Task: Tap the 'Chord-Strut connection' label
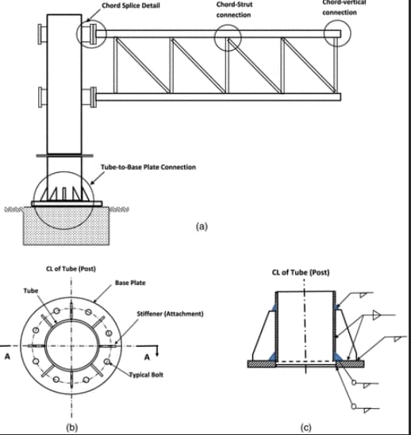[x=233, y=10]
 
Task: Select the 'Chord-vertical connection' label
[x=340, y=7]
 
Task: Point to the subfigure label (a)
[x=202, y=226]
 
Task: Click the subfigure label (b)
[x=71, y=428]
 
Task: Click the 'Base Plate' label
[x=130, y=282]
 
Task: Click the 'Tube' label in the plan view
[x=29, y=291]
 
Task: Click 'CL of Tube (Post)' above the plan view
[x=71, y=268]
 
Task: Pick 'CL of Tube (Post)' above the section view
[x=301, y=273]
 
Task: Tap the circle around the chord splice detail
[x=90, y=34]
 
